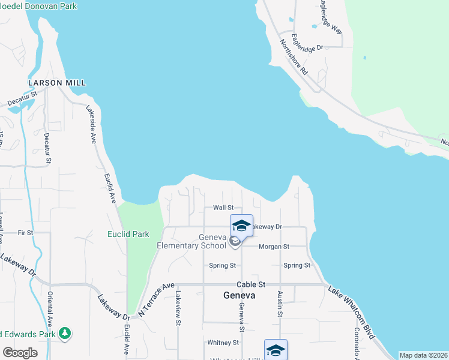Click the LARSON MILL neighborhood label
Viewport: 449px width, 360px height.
(56, 82)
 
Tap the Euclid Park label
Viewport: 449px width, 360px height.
(128, 234)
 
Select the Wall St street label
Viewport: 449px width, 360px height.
(223, 208)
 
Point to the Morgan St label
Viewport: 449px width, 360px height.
(274, 247)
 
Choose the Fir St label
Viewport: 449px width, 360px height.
(25, 232)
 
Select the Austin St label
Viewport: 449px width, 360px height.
(280, 304)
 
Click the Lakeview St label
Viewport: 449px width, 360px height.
(178, 308)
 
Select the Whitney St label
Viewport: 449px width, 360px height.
(223, 343)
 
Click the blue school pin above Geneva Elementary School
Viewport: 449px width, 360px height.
(241, 226)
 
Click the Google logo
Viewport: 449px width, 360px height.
(20, 353)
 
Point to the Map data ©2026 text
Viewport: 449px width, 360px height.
(423, 355)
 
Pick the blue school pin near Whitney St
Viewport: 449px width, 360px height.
(276, 349)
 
